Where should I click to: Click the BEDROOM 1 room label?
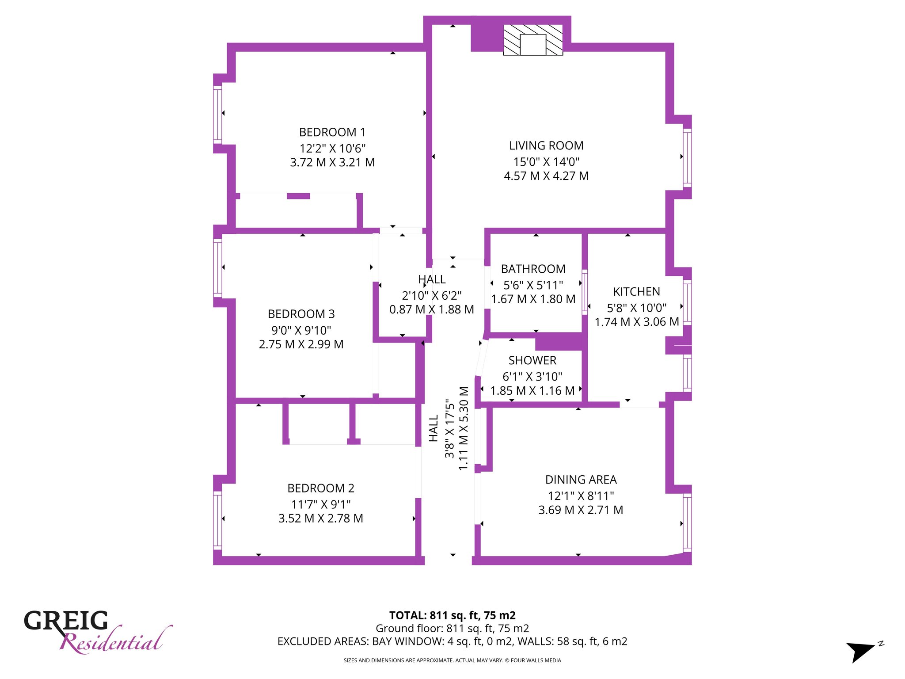point(332,132)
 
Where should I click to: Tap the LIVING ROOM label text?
point(546,145)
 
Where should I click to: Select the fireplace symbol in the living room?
point(533,40)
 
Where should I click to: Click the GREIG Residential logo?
point(97,631)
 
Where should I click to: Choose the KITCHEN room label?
point(636,292)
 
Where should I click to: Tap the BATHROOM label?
point(533,269)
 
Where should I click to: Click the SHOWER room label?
point(532,360)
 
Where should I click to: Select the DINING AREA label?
point(581,480)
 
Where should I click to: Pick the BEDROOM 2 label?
point(321,488)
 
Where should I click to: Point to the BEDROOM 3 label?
point(301,314)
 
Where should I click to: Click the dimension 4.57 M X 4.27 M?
point(546,176)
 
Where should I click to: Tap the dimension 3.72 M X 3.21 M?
point(332,162)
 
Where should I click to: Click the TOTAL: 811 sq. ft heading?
point(452,615)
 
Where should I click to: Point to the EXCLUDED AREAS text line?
point(452,641)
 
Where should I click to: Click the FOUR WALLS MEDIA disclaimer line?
point(452,660)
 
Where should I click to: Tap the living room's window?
point(687,157)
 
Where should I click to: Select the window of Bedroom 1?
point(217,114)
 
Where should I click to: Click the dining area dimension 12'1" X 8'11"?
point(581,496)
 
